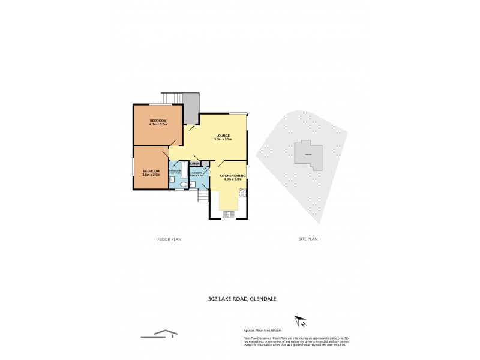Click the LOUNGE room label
click(x=223, y=136)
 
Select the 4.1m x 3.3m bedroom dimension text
click(x=158, y=125)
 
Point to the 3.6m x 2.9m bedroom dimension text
click(x=151, y=175)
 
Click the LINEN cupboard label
click(x=195, y=163)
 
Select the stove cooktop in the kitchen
click(x=242, y=193)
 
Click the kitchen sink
click(x=228, y=214)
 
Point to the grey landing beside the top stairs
click(x=192, y=108)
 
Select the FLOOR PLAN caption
click(x=169, y=239)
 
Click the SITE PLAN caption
click(x=308, y=239)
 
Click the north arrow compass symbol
click(x=298, y=322)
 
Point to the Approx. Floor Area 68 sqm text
click(x=263, y=331)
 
